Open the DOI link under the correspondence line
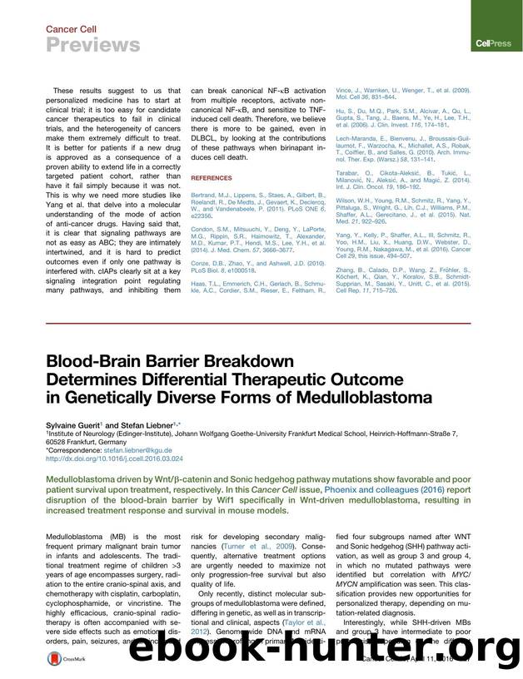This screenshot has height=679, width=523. point(114,458)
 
